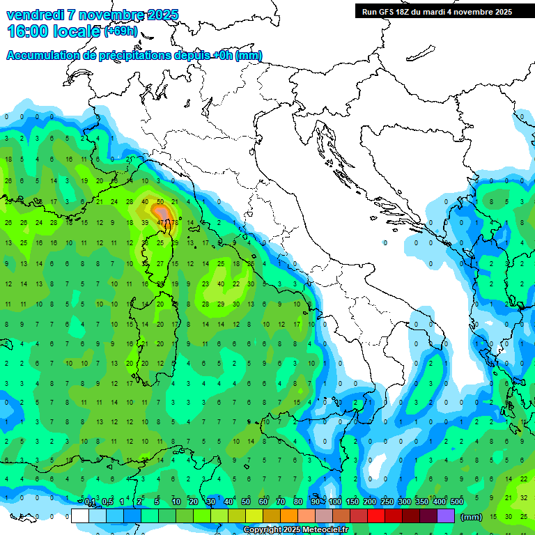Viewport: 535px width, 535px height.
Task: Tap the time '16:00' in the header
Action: click(x=29, y=31)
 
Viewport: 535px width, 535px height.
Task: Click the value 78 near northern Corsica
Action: click(x=174, y=222)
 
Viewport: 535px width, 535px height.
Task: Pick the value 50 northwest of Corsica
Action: click(x=160, y=202)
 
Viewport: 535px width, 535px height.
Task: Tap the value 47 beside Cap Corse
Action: click(x=161, y=222)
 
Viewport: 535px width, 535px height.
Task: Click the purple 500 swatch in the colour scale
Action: click(x=445, y=515)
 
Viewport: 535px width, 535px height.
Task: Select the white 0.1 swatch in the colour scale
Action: click(x=80, y=515)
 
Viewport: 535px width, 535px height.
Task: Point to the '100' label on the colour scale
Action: click(x=334, y=502)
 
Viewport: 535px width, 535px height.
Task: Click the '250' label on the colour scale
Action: click(x=387, y=502)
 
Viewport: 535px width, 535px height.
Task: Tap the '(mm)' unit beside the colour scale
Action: click(x=471, y=516)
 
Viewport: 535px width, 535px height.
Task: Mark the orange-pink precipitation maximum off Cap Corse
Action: click(x=163, y=212)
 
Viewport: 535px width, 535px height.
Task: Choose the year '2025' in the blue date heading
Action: click(x=157, y=15)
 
